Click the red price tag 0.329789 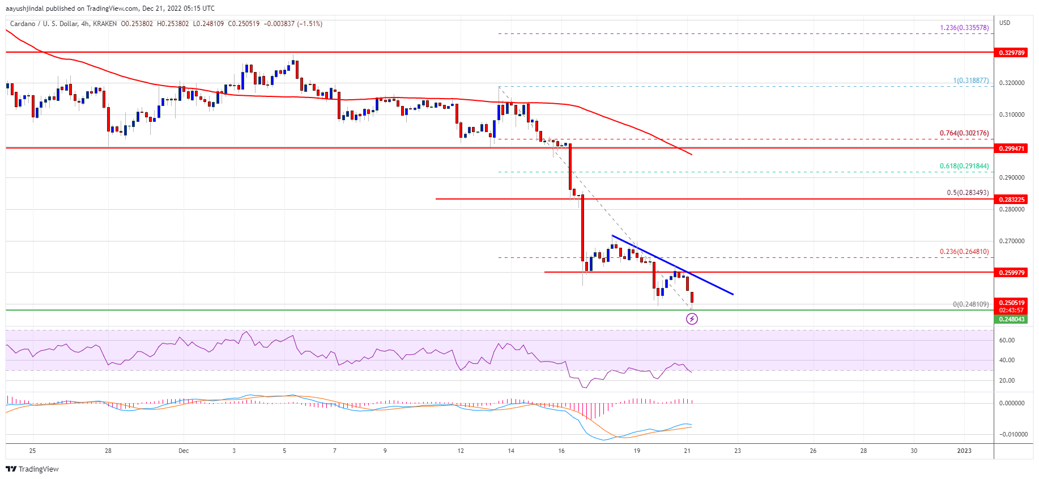click(1011, 53)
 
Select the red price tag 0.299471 click(1011, 148)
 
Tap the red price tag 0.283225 click(1011, 200)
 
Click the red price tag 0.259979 click(1011, 273)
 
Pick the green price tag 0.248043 click(1011, 319)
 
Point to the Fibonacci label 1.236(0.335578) click(964, 27)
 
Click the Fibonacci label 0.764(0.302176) click(964, 133)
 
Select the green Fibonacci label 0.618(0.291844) click(964, 166)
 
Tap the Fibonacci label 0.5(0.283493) click(967, 193)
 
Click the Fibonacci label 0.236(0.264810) click(964, 252)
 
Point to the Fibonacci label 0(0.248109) click(970, 304)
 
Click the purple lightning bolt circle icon click(692, 319)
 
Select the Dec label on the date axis click(184, 451)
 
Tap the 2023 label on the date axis click(964, 451)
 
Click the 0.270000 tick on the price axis click(1011, 241)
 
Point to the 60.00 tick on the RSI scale click(1007, 341)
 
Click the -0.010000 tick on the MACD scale click(1011, 435)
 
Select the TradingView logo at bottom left click(32, 469)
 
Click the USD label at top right click(1004, 23)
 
